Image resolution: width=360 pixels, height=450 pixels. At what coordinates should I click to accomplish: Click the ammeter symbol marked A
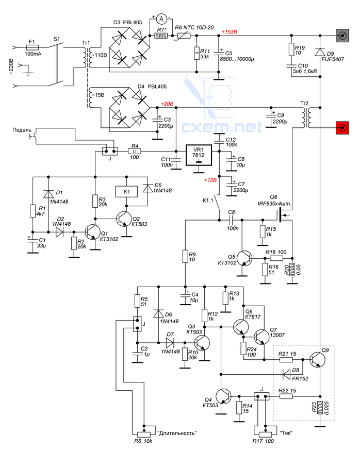pos(161,19)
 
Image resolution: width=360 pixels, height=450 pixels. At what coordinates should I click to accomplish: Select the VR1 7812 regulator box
pos(199,155)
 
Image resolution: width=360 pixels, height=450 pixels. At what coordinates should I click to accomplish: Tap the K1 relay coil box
pos(126,192)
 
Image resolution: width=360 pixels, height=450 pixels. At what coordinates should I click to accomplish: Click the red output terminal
pos(342,128)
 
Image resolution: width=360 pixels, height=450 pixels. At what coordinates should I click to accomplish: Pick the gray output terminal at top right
pos(342,36)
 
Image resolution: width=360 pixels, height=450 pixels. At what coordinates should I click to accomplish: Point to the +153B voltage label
pos(229,31)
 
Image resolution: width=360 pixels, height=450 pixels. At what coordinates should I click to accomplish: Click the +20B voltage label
pos(167,104)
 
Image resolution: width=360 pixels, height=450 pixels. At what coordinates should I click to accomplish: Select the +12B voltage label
pos(210,180)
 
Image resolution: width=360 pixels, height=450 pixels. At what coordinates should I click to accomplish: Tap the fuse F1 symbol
pos(32,47)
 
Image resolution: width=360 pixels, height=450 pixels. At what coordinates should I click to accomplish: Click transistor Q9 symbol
pos(318,359)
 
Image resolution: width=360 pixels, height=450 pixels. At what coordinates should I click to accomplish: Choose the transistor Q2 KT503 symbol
pos(124,219)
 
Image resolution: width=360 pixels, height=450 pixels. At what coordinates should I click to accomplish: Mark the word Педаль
pos(22,130)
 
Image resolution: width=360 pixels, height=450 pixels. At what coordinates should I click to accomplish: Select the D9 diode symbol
pos(320,52)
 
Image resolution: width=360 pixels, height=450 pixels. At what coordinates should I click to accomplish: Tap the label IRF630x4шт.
pos(274,204)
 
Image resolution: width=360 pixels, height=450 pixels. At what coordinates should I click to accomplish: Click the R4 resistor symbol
pos(134,151)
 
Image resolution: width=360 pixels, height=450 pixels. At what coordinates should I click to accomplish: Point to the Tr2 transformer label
pos(304,103)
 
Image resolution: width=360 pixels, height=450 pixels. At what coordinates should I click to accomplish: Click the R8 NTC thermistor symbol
pos(183,36)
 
